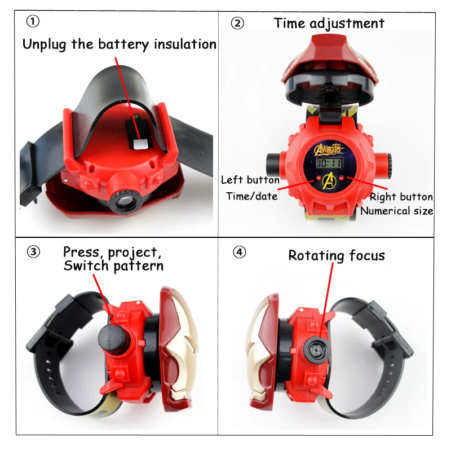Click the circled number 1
point(33,21)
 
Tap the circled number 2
point(237,23)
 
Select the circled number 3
point(33,252)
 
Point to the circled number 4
point(239,252)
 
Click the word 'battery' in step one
point(123,45)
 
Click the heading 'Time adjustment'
point(329,23)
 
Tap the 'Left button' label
point(250,180)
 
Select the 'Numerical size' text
point(397,211)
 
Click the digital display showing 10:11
point(330,163)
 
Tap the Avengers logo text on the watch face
point(329,149)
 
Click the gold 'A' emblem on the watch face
point(329,180)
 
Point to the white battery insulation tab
point(140,144)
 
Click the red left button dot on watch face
point(319,178)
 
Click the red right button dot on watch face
point(342,178)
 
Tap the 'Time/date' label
point(252,196)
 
